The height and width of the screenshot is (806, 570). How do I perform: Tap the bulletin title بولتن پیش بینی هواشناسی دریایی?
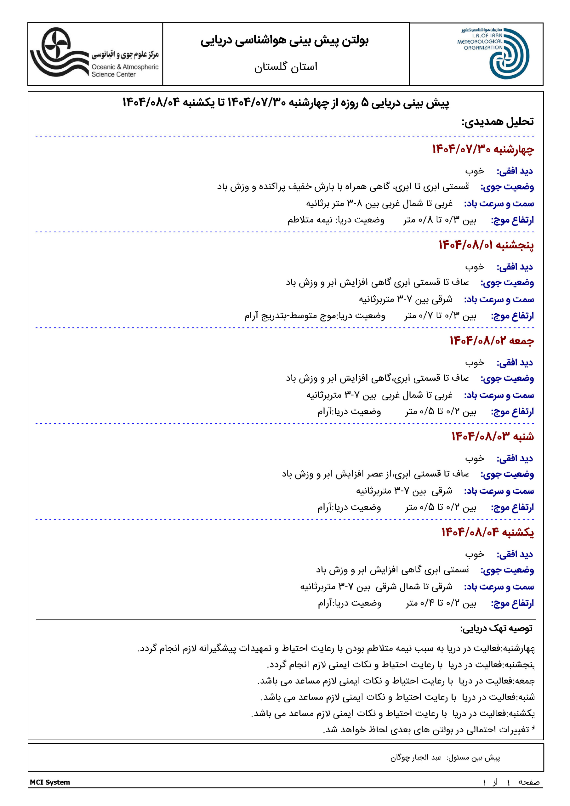(x=284, y=41)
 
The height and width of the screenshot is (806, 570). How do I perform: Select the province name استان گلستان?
(x=286, y=67)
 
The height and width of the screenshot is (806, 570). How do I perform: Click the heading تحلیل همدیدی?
(x=497, y=122)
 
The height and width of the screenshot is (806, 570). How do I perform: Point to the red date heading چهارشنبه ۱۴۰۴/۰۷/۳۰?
(x=483, y=149)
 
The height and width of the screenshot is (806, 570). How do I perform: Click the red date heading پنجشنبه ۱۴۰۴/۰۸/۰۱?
(x=486, y=245)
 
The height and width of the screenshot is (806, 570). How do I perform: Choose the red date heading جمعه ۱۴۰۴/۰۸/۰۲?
(x=492, y=341)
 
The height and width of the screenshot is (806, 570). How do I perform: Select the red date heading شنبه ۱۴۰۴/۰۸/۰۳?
(x=493, y=436)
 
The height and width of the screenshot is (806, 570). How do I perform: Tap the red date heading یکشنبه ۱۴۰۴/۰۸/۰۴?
(x=487, y=532)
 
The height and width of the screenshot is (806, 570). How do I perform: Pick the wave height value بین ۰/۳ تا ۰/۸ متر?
(x=440, y=220)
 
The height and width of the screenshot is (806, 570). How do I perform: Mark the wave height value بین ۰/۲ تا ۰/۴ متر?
(x=441, y=603)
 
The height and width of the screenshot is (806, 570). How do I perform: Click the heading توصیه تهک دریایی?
(x=496, y=628)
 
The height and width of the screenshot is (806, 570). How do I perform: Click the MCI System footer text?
(x=50, y=782)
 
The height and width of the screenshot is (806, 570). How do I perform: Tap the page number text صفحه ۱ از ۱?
(x=511, y=782)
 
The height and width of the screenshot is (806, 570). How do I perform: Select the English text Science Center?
(x=113, y=74)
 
